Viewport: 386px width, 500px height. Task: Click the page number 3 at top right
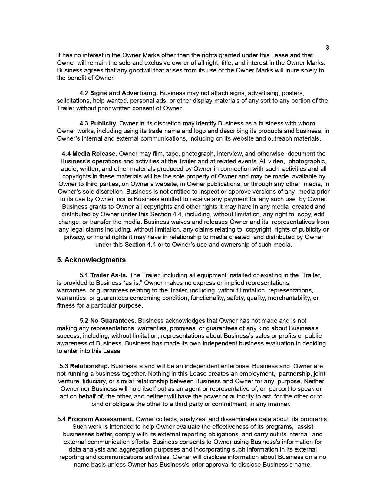tap(327, 48)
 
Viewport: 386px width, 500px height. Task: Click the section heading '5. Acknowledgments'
tap(91, 260)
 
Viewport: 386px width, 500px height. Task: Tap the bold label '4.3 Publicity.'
tap(98, 123)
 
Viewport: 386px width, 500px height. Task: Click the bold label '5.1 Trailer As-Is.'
tap(104, 275)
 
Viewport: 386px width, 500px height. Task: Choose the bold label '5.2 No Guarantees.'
tap(108, 321)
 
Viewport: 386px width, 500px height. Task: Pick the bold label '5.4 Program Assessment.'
tap(95, 419)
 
